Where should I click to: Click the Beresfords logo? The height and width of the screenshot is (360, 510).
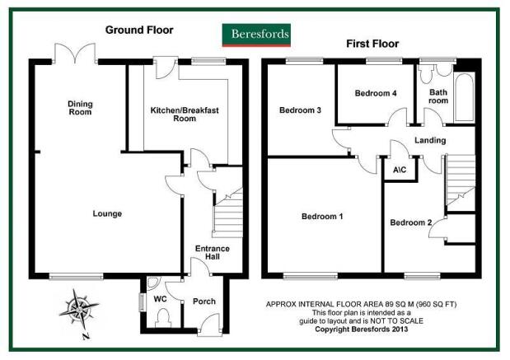click(x=256, y=35)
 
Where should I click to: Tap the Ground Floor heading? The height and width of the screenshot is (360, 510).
click(x=139, y=30)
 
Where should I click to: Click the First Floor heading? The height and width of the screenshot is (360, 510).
click(x=372, y=44)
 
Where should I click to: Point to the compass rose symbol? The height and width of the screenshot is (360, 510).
click(x=79, y=309)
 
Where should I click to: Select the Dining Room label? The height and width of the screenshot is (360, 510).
click(x=80, y=108)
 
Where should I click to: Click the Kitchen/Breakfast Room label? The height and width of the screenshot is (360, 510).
click(x=185, y=115)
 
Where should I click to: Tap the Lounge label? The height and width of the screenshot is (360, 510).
click(x=107, y=213)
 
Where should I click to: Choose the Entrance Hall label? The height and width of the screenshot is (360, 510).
click(x=213, y=252)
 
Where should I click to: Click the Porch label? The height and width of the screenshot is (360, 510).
click(x=204, y=302)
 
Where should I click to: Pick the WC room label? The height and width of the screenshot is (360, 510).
click(x=160, y=299)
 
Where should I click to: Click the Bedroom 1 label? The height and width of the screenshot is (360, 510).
click(x=322, y=217)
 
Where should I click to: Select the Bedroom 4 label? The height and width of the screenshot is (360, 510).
click(x=376, y=93)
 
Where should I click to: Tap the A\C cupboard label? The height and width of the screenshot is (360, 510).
click(x=400, y=170)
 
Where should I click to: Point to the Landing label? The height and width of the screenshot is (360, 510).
click(x=430, y=141)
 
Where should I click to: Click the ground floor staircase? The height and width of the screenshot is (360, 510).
click(x=227, y=213)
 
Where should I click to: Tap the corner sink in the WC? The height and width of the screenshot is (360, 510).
click(x=152, y=283)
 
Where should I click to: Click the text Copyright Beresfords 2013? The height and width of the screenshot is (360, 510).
click(x=362, y=329)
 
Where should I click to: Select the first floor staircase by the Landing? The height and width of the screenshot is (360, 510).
click(x=461, y=180)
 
